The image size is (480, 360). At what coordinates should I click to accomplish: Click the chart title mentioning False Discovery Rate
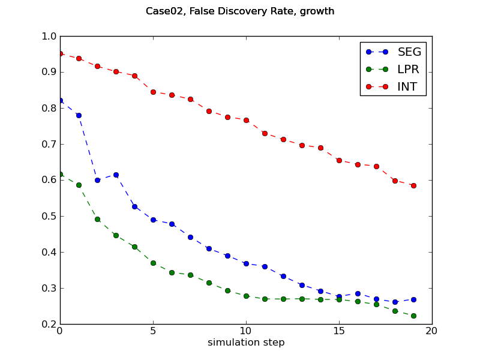240,11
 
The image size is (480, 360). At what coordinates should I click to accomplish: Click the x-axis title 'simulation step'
246,343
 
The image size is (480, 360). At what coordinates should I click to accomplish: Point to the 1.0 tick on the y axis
50,37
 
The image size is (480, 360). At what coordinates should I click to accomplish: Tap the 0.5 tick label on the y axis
50,217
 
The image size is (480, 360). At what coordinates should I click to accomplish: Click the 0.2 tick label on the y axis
50,325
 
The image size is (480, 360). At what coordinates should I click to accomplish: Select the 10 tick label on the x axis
246,331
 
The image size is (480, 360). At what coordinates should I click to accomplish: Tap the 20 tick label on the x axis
432,331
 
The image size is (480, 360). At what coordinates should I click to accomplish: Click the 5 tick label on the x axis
153,331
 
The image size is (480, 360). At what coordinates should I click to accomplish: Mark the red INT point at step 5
153,92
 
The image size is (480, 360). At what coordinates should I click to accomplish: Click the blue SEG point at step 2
97,180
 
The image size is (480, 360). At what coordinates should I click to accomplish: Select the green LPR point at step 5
153,263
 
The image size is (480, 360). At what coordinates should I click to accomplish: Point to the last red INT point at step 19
413,185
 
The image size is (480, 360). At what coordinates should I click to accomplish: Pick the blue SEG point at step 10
246,263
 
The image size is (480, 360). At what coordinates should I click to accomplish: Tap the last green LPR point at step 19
413,316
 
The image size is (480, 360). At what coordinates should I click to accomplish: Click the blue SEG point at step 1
79,115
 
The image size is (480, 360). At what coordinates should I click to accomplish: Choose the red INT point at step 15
339,160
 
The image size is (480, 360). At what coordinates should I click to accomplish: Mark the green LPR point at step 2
97,219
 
